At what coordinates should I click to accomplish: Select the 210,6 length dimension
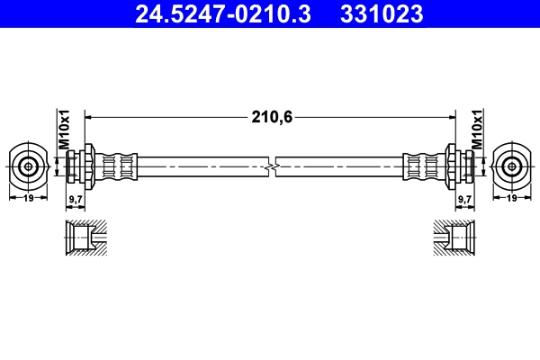270,116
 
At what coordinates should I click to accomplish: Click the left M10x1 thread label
64,131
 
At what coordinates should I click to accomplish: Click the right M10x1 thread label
477,131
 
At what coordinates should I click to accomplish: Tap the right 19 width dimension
511,197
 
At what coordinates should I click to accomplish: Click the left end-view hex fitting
30,166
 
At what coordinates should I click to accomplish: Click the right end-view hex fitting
511,166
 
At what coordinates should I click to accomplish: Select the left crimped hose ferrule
119,166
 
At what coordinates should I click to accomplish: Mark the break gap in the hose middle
271,166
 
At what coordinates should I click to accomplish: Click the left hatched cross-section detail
86,238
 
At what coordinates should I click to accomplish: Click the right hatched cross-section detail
454,238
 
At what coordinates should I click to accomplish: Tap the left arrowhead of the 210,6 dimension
91,116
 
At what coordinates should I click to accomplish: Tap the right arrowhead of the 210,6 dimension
449,116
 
